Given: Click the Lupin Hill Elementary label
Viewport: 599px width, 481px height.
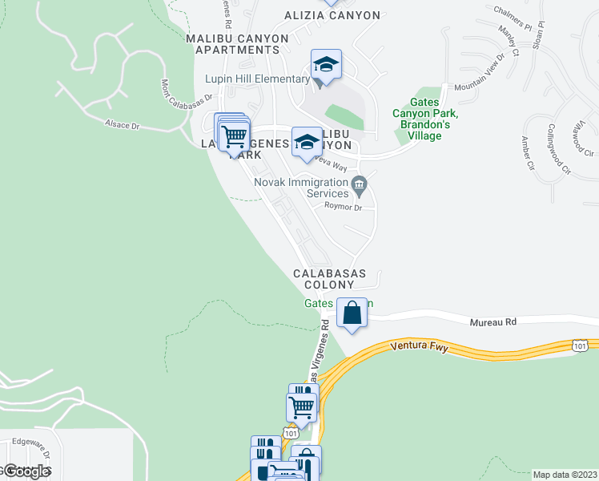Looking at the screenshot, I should pyautogui.click(x=256, y=79).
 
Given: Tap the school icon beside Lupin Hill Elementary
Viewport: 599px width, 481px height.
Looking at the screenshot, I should pyautogui.click(x=327, y=65).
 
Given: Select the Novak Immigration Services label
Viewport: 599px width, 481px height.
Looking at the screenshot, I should pyautogui.click(x=301, y=188).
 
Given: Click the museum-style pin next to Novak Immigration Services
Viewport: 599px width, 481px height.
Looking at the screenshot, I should pyautogui.click(x=360, y=187).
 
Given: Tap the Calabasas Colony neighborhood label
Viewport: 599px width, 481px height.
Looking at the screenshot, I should pyautogui.click(x=329, y=279).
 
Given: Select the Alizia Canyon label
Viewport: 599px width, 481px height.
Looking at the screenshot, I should pyautogui.click(x=332, y=15).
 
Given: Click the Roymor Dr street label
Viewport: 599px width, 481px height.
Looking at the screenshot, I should pyautogui.click(x=344, y=207).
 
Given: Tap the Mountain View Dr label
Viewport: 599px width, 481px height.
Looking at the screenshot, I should pyautogui.click(x=480, y=73).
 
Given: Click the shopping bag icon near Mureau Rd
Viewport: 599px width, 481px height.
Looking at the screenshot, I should pyautogui.click(x=352, y=313).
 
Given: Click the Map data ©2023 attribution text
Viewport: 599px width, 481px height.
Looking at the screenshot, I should pyautogui.click(x=565, y=474).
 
